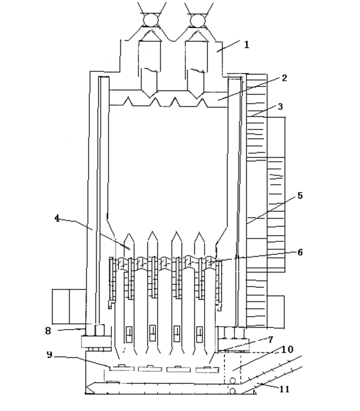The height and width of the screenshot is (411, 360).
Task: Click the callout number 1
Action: (x=246, y=45)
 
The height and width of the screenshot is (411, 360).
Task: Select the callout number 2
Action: (x=284, y=78)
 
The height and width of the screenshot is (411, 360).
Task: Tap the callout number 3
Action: (x=280, y=107)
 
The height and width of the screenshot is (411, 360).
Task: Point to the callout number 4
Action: (x=57, y=218)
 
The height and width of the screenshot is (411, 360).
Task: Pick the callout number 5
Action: (x=300, y=196)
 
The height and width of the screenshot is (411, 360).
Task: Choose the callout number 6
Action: (x=300, y=252)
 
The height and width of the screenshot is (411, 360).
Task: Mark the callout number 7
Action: (x=271, y=340)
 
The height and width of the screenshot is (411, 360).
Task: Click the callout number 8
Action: (x=47, y=331)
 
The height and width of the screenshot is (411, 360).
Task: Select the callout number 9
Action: (x=49, y=354)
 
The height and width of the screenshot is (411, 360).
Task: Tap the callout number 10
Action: (x=287, y=349)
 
